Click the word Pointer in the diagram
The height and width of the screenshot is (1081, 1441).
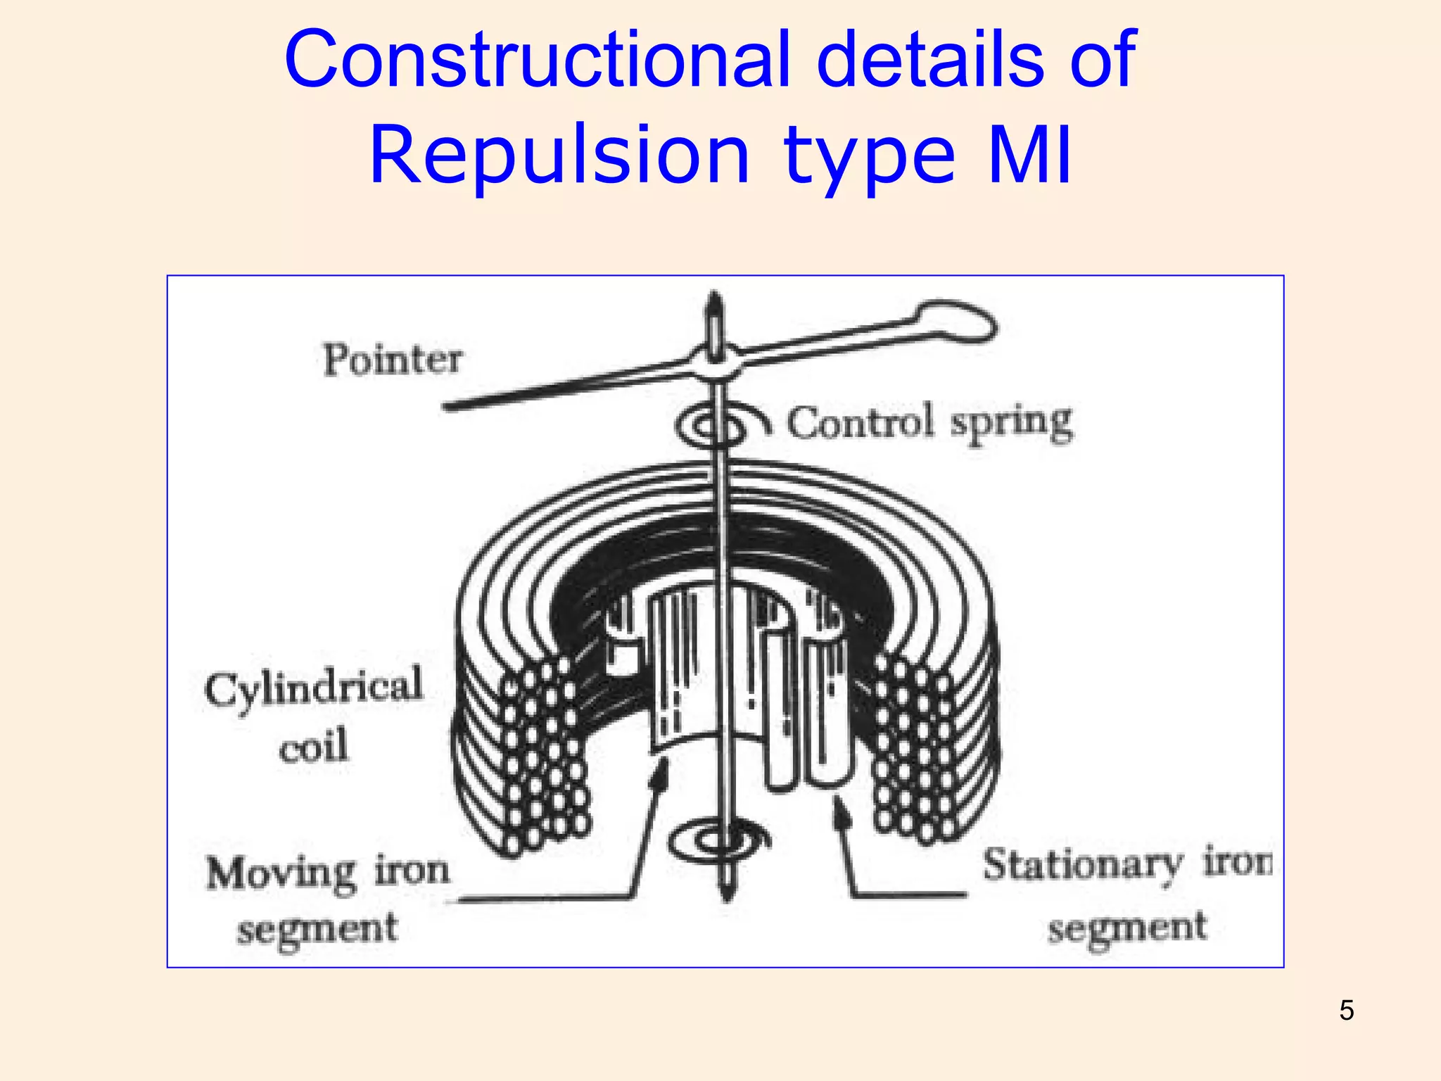coord(392,360)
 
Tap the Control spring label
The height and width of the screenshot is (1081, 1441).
coord(929,423)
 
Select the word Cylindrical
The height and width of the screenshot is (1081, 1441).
coord(314,688)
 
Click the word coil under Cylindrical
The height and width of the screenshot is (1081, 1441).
coord(314,746)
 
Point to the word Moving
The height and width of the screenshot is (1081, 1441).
coord(281,873)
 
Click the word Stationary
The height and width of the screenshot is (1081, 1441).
coord(1083,865)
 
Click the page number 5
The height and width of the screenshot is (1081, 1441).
coord(1347,1011)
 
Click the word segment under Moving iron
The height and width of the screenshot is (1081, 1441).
coord(317,930)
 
